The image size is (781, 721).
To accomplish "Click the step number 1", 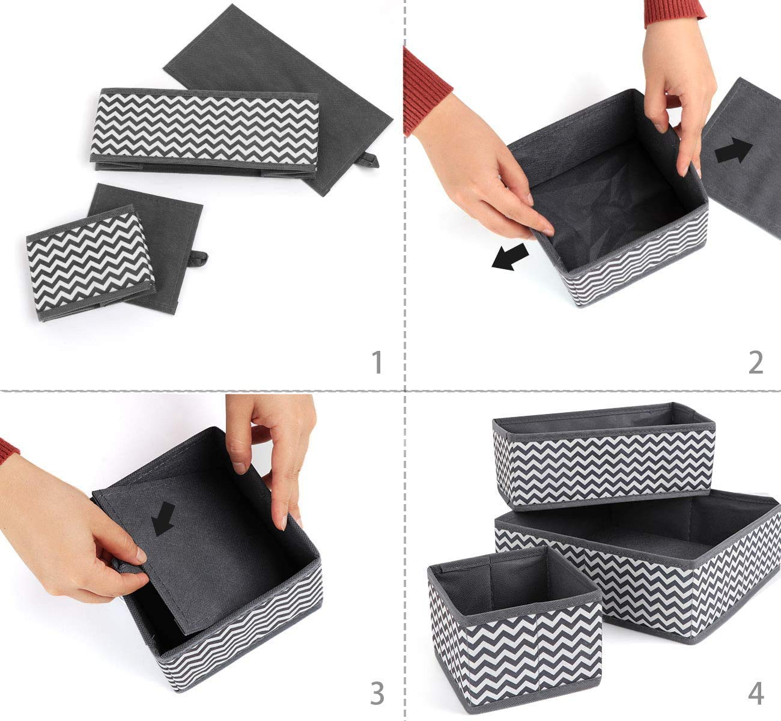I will point(377,362).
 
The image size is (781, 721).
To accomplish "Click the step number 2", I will point(756,362).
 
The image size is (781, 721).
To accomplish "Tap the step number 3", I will point(377,694).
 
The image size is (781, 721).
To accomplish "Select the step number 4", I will point(756,694).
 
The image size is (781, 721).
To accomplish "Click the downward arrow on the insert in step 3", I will point(163,519).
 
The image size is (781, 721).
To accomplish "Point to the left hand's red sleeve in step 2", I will point(425,90).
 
